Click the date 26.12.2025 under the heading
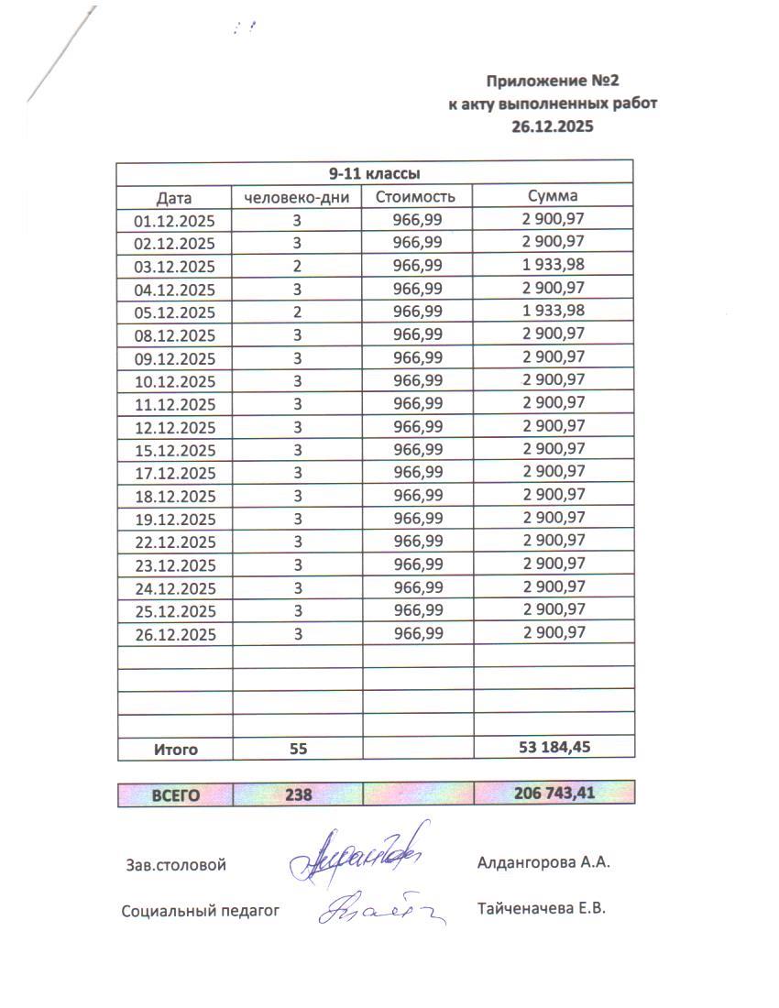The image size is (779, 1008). tap(553, 126)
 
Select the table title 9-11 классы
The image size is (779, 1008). tap(375, 173)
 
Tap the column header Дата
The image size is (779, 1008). tap(174, 197)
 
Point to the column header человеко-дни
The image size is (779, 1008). tap(297, 197)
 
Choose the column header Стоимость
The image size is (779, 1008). tap(416, 197)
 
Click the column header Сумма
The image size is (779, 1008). tap(553, 196)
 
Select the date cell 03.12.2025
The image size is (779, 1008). tap(174, 267)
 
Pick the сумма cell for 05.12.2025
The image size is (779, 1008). tap(553, 312)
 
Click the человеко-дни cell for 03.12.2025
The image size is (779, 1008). tap(297, 267)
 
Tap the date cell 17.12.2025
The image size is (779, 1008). tap(174, 473)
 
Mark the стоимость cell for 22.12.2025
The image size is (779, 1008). tap(417, 542)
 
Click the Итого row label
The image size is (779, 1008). tap(175, 749)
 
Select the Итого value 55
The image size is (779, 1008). tap(297, 749)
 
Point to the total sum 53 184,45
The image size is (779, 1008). tap(554, 748)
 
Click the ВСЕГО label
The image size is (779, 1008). tap(175, 794)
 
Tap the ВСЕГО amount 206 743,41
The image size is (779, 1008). tap(554, 794)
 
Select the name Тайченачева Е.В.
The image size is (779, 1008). tap(542, 909)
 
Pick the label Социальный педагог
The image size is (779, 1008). tap(200, 911)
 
